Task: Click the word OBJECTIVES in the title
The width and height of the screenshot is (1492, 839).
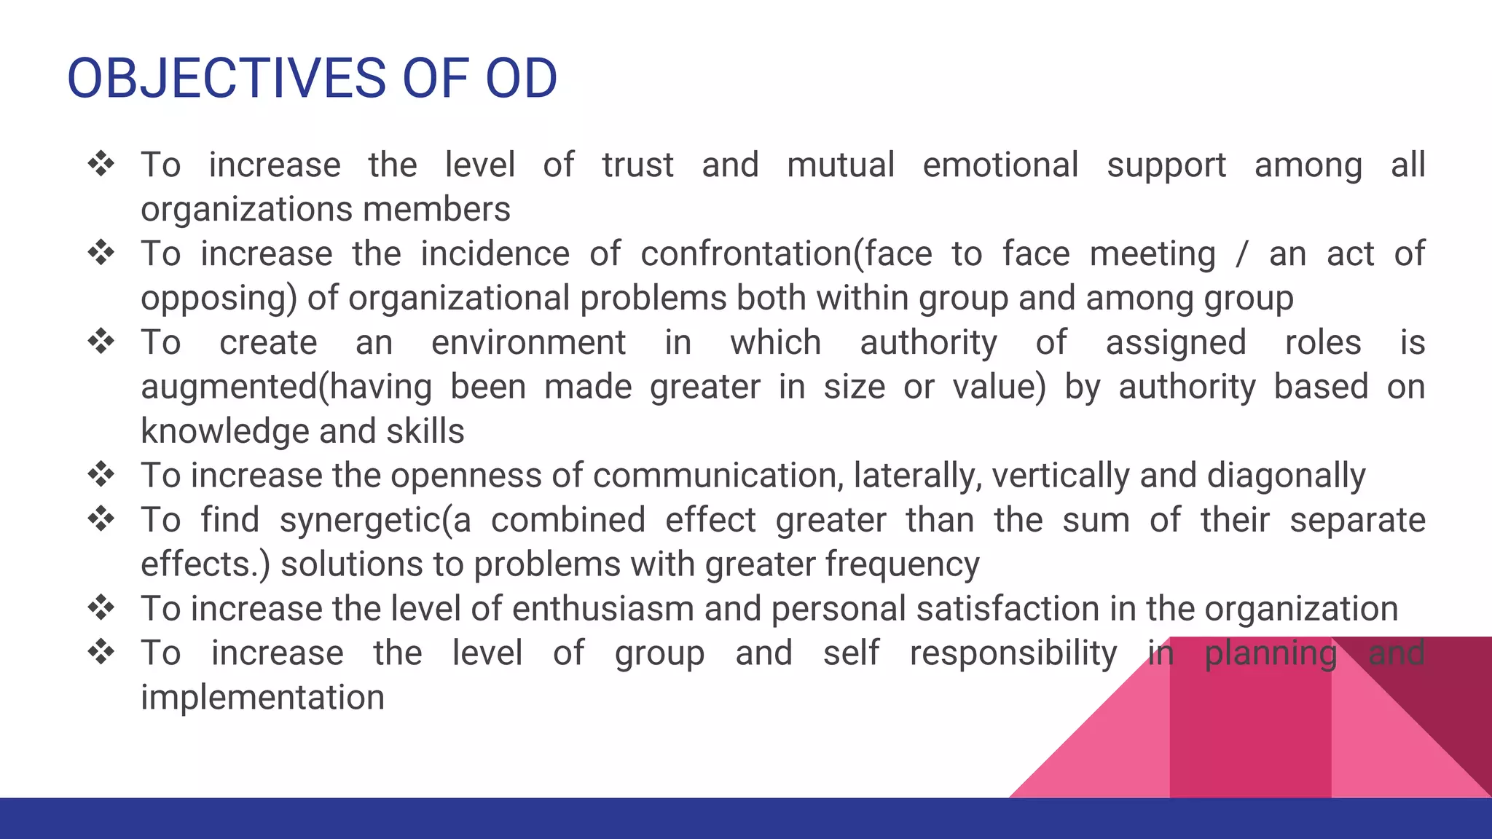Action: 226,79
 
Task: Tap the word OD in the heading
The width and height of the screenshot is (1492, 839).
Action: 521,79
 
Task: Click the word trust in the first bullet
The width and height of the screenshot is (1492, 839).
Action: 637,165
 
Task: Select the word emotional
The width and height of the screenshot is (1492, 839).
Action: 1000,165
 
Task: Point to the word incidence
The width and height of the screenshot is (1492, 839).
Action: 495,253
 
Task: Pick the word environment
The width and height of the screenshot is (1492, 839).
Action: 528,342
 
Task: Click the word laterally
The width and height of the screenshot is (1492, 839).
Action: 917,476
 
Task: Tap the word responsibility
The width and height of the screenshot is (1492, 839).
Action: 1013,653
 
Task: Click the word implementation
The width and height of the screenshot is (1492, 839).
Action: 262,698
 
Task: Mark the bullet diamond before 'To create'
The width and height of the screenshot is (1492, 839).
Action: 101,341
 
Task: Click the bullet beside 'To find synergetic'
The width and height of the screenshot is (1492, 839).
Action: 101,519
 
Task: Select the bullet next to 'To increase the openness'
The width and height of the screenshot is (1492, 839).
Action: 101,474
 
